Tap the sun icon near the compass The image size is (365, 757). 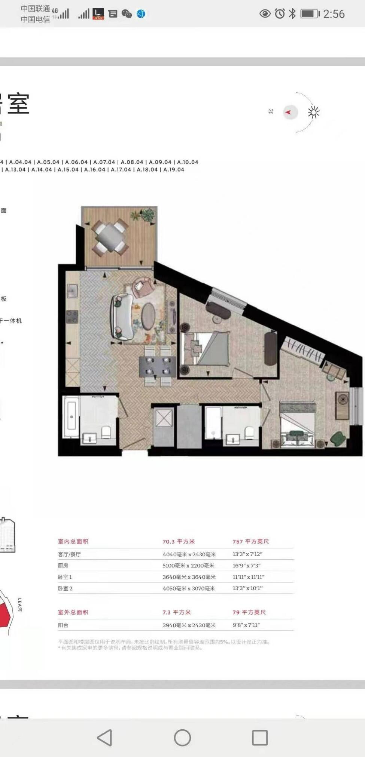tap(313, 113)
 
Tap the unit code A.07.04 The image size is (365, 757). tap(104, 162)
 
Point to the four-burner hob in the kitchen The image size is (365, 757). tap(72, 317)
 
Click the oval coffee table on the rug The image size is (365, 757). tap(148, 316)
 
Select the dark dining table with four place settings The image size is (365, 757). tap(158, 366)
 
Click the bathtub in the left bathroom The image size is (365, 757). tap(71, 417)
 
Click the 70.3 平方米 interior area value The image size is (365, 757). tap(179, 541)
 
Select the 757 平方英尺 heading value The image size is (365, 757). tap(250, 541)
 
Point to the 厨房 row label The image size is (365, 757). tap(63, 566)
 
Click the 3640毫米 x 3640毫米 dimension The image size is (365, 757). tap(189, 577)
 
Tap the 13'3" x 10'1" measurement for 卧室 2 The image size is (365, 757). tap(247, 588)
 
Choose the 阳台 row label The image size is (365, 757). tap(63, 625)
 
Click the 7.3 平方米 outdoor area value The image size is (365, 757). tap(176, 612)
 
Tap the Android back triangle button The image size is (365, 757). tap(105, 738)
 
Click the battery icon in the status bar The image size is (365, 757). tap(310, 14)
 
